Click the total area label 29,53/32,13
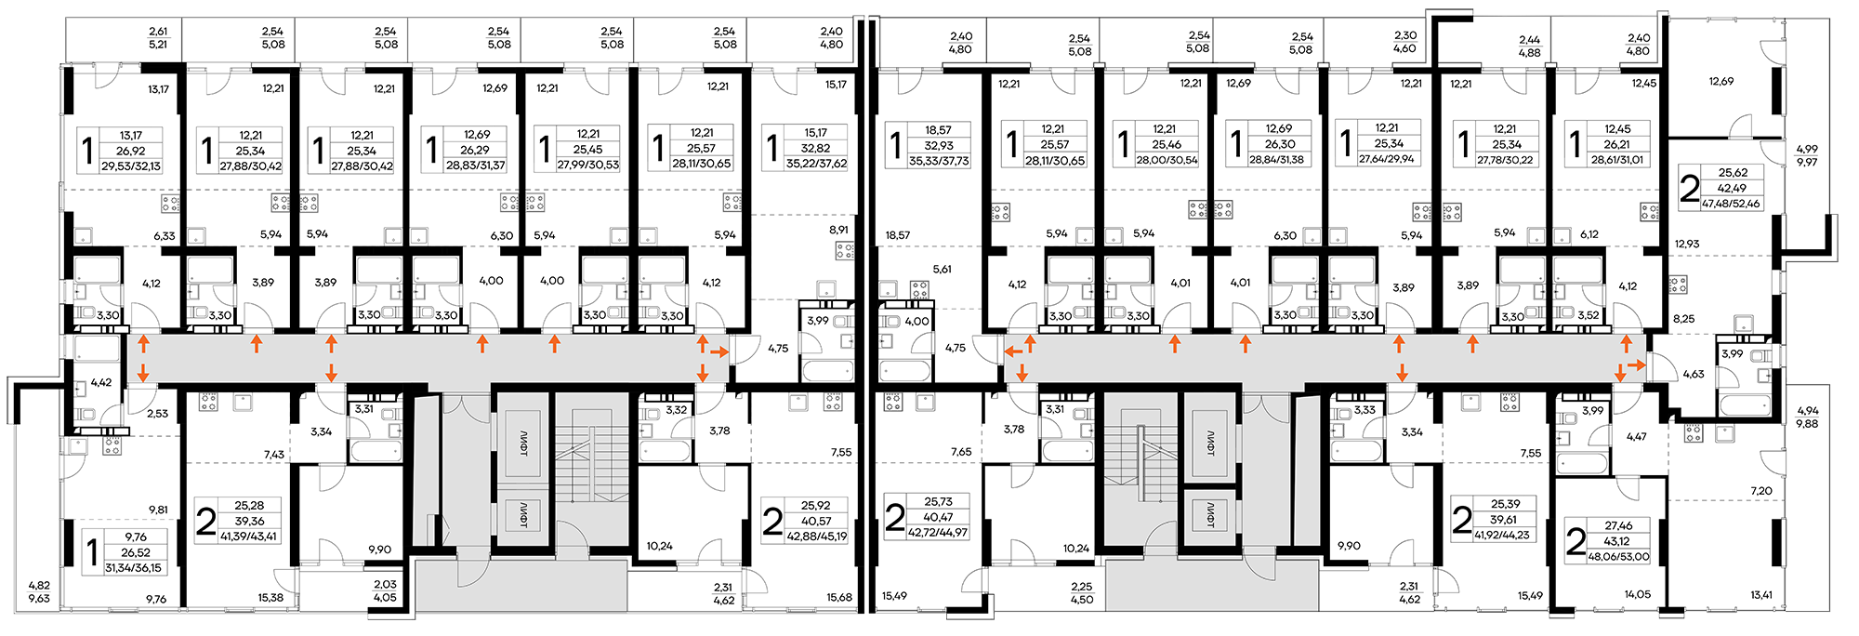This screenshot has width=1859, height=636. pos(131,166)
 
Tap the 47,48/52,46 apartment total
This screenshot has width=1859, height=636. pos(1731,204)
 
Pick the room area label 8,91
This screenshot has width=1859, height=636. pos(837,230)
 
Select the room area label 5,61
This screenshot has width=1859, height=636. pos(942,270)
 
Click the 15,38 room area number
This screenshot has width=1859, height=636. pos(270,598)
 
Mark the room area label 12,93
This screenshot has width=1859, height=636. pos(1687,245)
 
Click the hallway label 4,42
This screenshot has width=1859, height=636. pos(100,382)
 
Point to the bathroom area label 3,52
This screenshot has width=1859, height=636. pos(1589,316)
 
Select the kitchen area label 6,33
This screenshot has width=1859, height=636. pos(165,236)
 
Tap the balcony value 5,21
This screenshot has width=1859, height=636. pos(158,44)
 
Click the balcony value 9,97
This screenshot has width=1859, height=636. pos(1807,162)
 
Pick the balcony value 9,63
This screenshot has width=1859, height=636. pos(39,599)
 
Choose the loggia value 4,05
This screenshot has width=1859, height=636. pos(385,598)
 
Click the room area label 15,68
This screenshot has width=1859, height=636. pos(839,598)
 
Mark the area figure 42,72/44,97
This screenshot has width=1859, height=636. pos(938,533)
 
